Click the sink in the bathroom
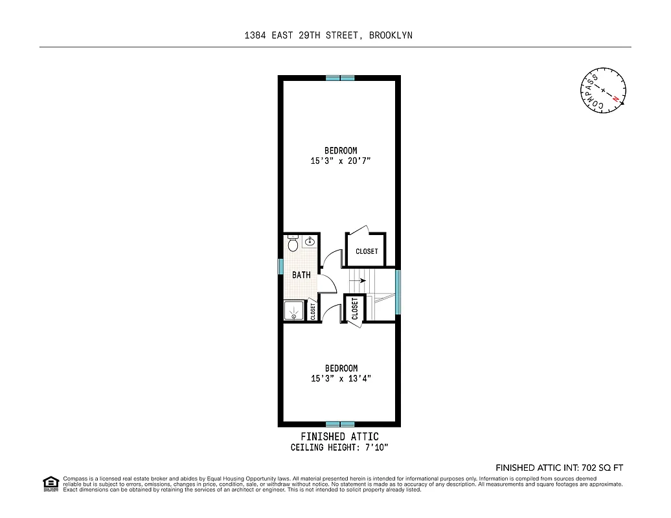[x=310, y=242]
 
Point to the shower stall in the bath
[x=294, y=311]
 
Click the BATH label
[x=301, y=275]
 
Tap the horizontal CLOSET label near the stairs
[x=367, y=251]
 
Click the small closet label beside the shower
[x=313, y=312]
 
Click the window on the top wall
[x=340, y=78]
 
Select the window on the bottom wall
[x=340, y=424]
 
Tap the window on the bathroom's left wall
[x=281, y=266]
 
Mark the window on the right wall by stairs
[x=398, y=291]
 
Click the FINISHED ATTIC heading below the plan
[x=340, y=436]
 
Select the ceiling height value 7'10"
[x=375, y=447]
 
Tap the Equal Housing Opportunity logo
[x=50, y=484]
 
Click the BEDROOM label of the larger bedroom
[x=341, y=151]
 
